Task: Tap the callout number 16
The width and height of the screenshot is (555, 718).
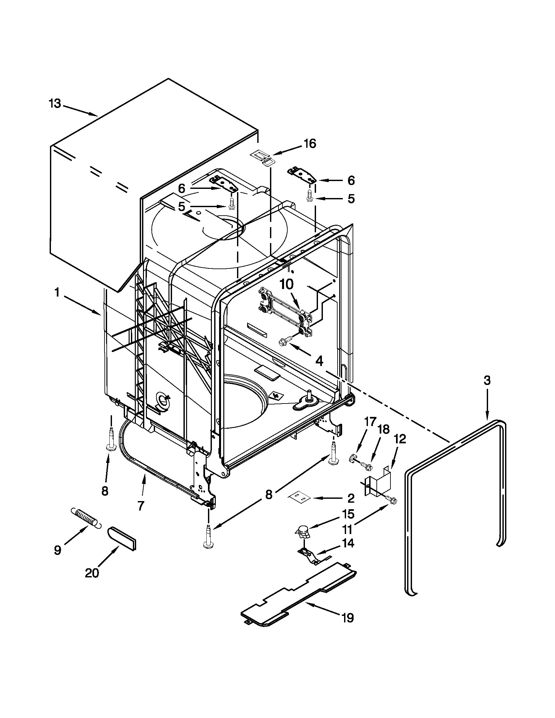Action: point(309,144)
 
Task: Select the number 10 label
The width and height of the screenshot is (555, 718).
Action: point(286,284)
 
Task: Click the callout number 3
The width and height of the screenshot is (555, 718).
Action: point(487,380)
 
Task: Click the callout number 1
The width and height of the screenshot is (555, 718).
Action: point(57,292)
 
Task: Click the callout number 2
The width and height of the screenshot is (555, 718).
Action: point(351,498)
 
